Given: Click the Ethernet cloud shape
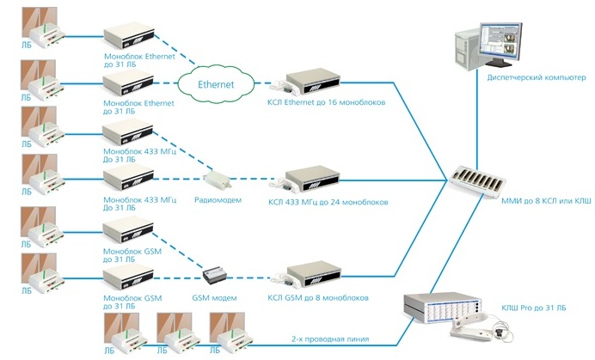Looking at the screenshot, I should (216, 85).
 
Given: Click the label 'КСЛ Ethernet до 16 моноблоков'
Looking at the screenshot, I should (326, 103).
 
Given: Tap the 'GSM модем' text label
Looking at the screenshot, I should (213, 297).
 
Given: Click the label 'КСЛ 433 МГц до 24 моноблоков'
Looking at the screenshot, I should (328, 203).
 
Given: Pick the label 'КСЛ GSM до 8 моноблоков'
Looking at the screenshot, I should (318, 297).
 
